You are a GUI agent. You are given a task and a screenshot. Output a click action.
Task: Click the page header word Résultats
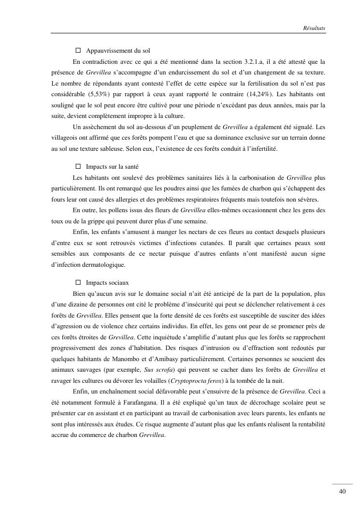click(314, 29)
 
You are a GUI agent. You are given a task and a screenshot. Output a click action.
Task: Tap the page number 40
click(343, 492)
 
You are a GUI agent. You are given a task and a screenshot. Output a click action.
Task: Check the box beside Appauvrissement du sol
click(78, 51)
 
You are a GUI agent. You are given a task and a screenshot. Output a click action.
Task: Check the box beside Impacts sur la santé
click(78, 167)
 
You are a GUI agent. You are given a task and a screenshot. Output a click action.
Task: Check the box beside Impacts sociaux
click(78, 282)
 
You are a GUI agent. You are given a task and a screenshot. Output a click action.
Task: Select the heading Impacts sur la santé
click(112, 167)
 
